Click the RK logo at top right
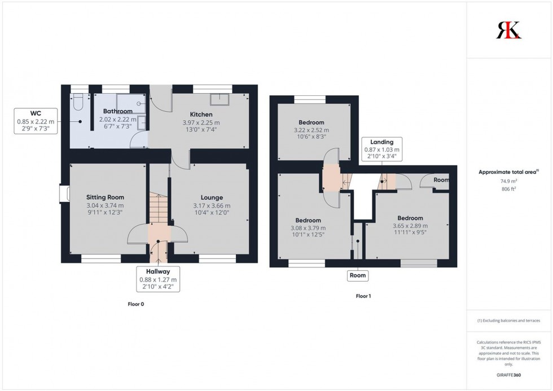point(508,30)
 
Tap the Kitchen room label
point(201,115)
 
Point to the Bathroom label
point(117,111)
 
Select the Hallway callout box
point(158,279)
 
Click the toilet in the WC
point(79,100)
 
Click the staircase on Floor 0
point(159,208)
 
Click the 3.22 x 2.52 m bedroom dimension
point(311,130)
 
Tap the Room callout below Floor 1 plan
point(358,276)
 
